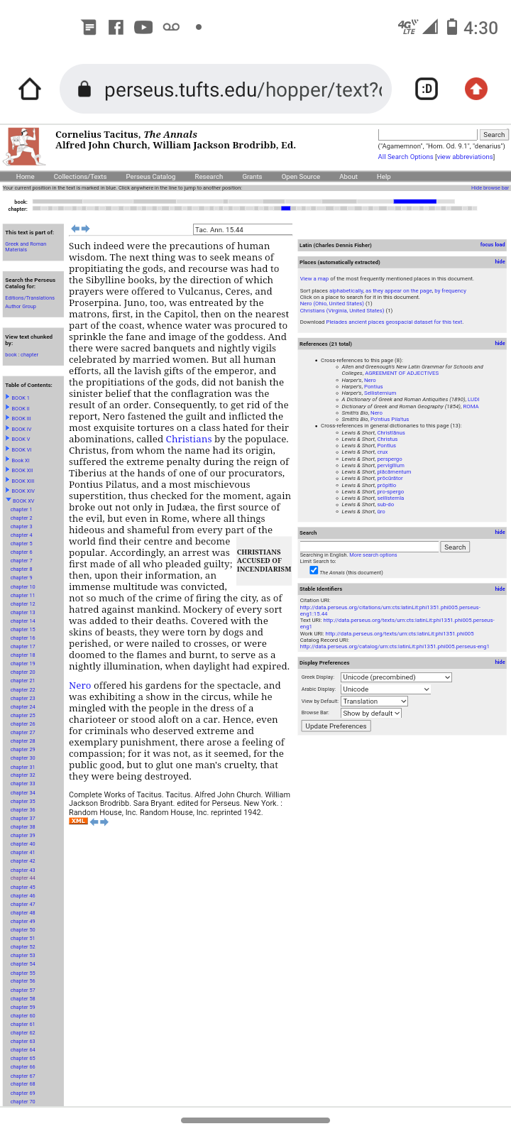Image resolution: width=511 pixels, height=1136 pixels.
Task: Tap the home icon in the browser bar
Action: [30, 89]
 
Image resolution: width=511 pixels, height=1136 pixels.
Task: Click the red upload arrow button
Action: [476, 89]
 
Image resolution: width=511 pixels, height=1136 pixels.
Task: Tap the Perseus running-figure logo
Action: [25, 146]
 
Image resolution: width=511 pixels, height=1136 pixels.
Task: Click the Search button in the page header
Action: [493, 135]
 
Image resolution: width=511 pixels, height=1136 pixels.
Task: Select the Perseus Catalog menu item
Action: [150, 177]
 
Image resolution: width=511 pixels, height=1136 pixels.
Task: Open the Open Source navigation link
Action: [300, 177]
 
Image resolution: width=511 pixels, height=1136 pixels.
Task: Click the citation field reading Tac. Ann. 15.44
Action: [242, 229]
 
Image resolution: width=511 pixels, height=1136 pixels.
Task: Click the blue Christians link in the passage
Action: [189, 439]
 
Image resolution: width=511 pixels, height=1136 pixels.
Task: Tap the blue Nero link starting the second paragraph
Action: [79, 685]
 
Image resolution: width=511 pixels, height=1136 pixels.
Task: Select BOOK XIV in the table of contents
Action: [23, 491]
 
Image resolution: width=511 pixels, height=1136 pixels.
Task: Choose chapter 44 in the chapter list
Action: [23, 878]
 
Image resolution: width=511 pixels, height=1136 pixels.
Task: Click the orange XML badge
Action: [78, 821]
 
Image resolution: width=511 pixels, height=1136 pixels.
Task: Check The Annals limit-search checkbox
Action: [314, 570]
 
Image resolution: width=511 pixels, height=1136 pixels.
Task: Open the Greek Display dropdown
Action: [396, 677]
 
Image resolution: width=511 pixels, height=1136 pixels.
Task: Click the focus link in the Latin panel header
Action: [486, 244]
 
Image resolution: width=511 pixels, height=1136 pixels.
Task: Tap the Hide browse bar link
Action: [490, 188]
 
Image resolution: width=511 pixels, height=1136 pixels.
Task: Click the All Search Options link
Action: [405, 157]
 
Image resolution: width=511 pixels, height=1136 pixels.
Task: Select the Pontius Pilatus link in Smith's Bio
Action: [390, 419]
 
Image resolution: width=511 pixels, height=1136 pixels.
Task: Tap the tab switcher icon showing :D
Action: [426, 89]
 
